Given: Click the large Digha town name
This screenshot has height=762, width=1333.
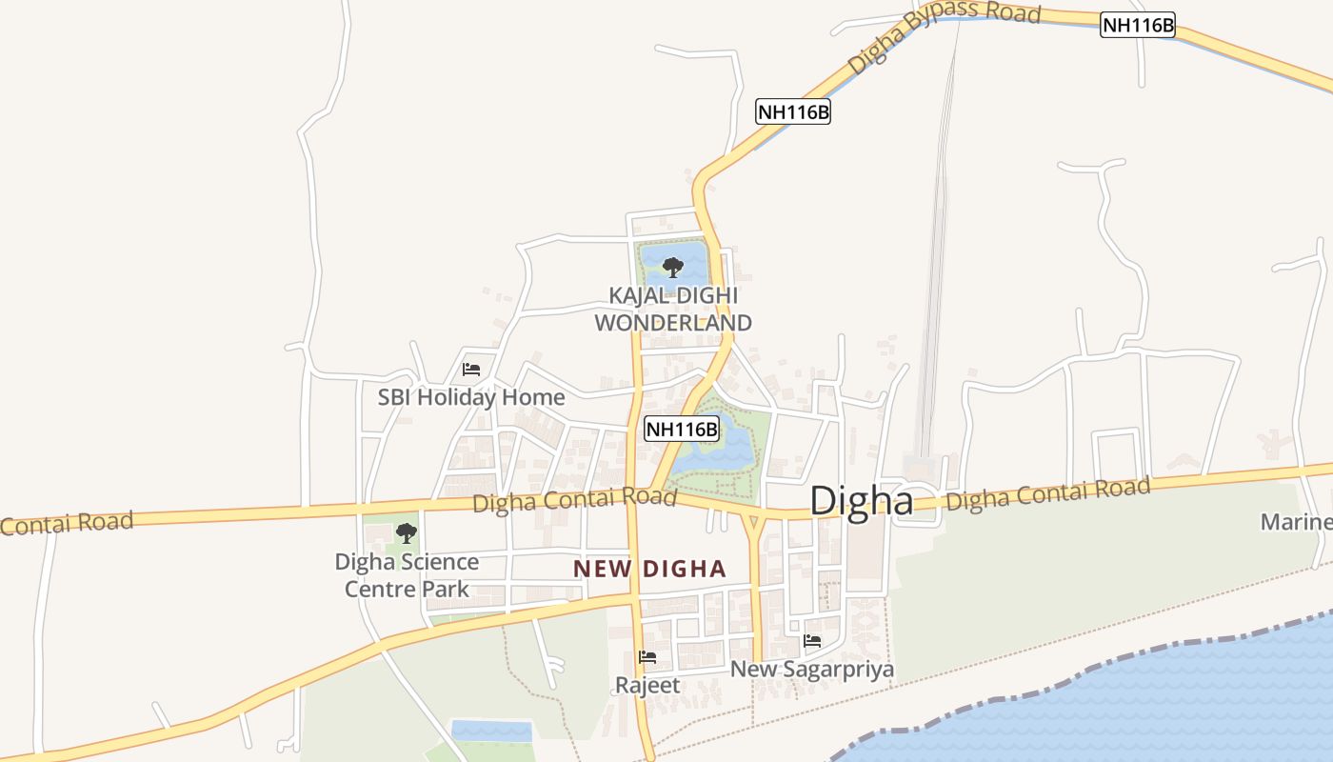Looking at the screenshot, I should (861, 501).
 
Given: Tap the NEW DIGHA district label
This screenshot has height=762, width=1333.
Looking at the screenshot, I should (649, 570).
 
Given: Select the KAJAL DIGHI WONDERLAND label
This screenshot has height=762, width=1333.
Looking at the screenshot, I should (673, 310).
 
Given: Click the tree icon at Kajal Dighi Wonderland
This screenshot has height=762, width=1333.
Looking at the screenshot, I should (672, 267).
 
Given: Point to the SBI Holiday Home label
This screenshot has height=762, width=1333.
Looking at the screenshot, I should (471, 397).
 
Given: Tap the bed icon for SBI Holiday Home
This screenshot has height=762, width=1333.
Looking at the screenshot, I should (471, 370).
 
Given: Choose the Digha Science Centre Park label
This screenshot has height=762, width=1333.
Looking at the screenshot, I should (407, 575).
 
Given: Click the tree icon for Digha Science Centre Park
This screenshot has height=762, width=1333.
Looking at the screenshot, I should (407, 532).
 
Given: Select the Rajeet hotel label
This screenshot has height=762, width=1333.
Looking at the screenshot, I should (647, 685).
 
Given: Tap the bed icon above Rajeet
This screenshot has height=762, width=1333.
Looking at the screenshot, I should (647, 657).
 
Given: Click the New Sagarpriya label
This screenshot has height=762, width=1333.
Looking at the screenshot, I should (811, 670).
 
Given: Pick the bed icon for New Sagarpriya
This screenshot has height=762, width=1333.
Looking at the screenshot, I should (812, 641).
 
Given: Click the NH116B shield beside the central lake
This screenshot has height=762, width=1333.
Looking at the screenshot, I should (682, 429).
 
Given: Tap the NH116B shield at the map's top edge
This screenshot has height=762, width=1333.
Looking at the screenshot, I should (1138, 25).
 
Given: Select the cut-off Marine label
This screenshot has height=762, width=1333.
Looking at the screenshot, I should (1296, 522).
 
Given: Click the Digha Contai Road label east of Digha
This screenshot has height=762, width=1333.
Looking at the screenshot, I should (1048, 493).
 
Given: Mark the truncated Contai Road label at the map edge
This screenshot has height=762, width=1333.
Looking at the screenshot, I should (67, 522).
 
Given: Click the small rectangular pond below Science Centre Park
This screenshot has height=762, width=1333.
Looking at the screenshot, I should (490, 731).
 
